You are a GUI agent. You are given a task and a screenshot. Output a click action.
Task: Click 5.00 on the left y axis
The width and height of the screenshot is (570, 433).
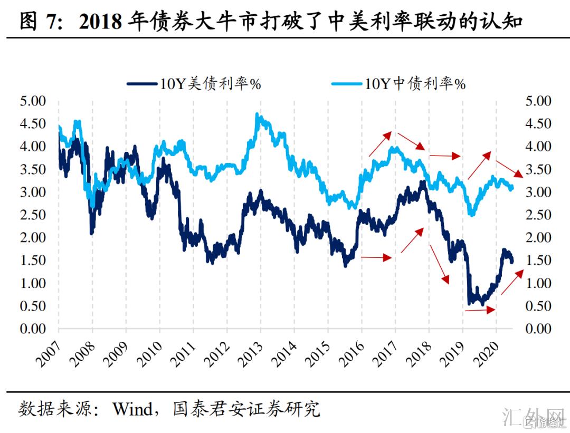tap(33, 101)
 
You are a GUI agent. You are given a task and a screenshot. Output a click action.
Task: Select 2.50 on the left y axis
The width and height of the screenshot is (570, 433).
tap(33, 215)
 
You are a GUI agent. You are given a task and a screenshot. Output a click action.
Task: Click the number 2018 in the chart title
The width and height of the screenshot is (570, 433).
tap(99, 22)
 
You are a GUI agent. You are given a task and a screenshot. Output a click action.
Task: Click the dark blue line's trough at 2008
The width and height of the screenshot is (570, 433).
tap(92, 233)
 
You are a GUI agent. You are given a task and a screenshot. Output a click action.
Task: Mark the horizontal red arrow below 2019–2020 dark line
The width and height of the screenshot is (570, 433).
tap(480, 311)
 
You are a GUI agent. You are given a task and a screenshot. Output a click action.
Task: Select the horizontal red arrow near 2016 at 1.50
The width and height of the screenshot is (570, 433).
tap(377, 257)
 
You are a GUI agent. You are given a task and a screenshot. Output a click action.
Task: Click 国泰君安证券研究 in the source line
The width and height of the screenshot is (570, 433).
tap(246, 409)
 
